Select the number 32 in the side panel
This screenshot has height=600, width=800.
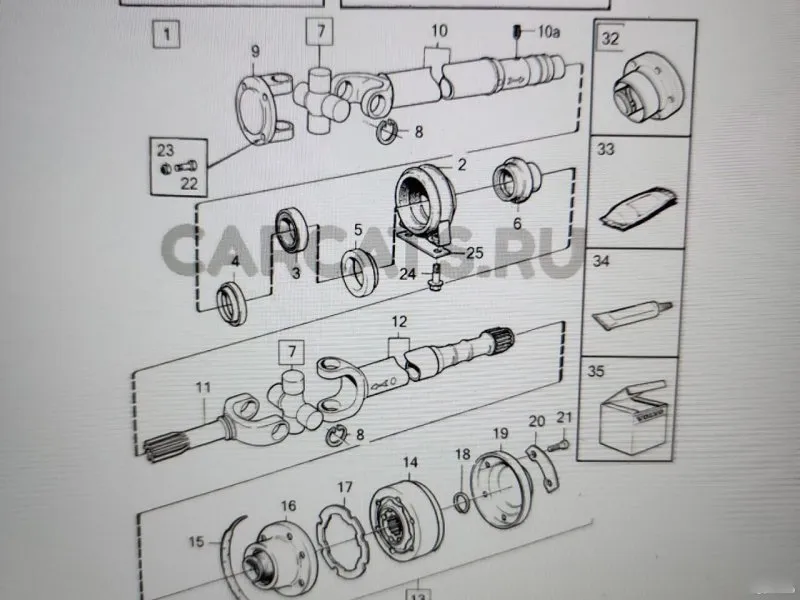(x=609, y=39)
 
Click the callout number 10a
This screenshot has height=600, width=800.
(x=548, y=33)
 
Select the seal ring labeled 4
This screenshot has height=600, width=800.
(x=233, y=300)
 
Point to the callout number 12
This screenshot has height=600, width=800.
(x=399, y=322)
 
